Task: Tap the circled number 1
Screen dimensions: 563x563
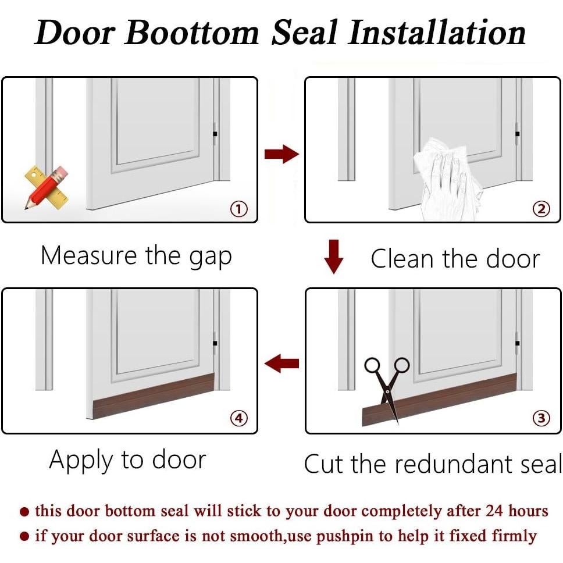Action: [x=238, y=209]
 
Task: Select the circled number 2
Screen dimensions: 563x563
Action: [x=541, y=209]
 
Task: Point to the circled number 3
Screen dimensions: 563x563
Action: [x=541, y=418]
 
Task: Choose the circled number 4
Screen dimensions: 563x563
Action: [x=238, y=418]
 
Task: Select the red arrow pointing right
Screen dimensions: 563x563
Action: [x=281, y=154]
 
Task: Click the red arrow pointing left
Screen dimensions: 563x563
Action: [x=281, y=364]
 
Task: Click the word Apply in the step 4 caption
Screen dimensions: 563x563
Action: [x=81, y=461]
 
